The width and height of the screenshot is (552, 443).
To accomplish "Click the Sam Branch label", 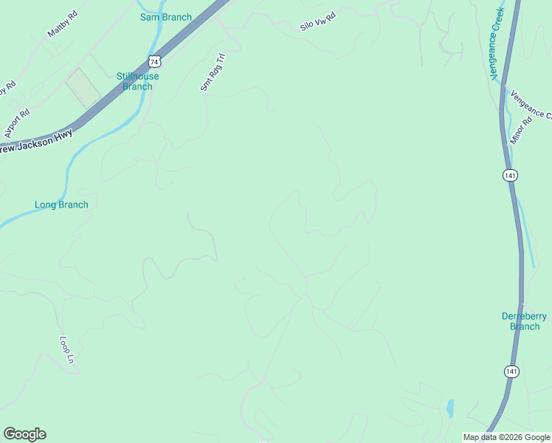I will [x=166, y=17].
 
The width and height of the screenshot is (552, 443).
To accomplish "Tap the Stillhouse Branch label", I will [x=137, y=81].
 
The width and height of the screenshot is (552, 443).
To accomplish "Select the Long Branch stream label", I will [x=61, y=205].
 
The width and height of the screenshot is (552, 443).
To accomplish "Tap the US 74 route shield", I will [x=153, y=61].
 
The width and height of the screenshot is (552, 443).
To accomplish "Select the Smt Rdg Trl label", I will [x=211, y=72].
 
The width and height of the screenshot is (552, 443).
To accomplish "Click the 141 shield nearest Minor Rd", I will [x=511, y=175].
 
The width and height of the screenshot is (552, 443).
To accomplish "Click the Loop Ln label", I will [x=67, y=349].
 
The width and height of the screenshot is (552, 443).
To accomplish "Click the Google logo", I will [x=24, y=434].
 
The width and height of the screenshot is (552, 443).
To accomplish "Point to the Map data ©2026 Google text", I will [x=506, y=437].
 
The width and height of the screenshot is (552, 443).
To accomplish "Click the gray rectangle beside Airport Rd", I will [x=83, y=87].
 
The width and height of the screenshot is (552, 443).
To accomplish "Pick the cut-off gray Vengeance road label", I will [x=532, y=103].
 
